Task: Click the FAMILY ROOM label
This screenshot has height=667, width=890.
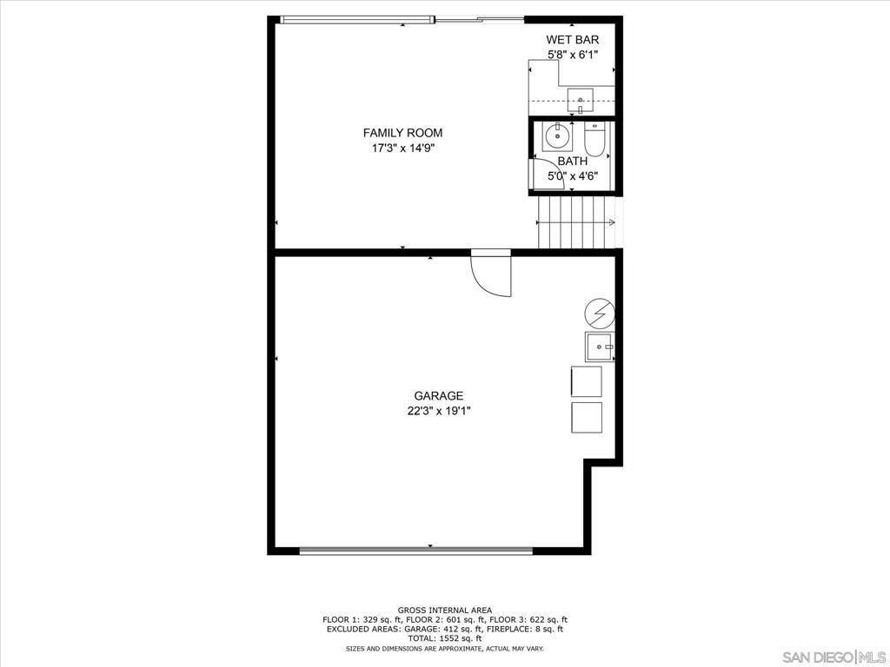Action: point(402,133)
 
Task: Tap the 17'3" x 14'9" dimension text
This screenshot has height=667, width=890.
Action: point(402,149)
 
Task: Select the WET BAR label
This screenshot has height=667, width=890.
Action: point(572,39)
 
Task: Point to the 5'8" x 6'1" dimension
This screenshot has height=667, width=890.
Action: point(572,55)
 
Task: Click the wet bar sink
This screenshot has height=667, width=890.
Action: point(580,100)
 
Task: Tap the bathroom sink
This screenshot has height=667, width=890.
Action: point(556,137)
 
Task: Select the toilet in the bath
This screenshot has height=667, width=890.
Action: point(594,139)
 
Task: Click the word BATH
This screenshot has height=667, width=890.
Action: point(572,161)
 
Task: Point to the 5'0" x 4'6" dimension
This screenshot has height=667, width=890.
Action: point(572,176)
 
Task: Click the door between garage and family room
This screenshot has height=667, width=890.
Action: point(492,274)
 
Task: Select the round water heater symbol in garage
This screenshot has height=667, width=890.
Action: point(600,313)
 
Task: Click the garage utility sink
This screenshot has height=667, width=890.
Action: point(600,347)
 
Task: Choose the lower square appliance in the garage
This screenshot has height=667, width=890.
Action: point(586,417)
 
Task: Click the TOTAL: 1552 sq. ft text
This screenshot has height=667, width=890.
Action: point(444,637)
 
